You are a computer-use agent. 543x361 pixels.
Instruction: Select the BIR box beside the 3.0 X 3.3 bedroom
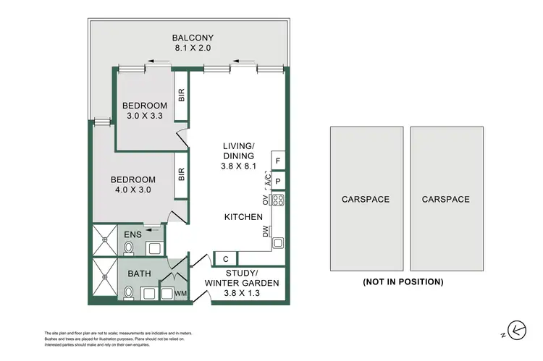tap(182, 95)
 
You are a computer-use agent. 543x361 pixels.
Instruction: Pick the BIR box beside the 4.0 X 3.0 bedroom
tap(182, 174)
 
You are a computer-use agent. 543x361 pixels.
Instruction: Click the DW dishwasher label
tap(266, 232)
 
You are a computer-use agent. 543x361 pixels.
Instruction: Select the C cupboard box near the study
tap(226, 258)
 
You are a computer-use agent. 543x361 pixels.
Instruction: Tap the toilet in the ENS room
tap(128, 248)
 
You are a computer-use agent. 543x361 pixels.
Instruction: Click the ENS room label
tap(132, 234)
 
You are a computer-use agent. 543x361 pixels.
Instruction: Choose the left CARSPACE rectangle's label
tap(366, 199)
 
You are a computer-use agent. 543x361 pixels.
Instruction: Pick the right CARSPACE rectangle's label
tap(446, 199)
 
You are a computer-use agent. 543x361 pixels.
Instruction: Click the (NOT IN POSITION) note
tap(403, 282)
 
